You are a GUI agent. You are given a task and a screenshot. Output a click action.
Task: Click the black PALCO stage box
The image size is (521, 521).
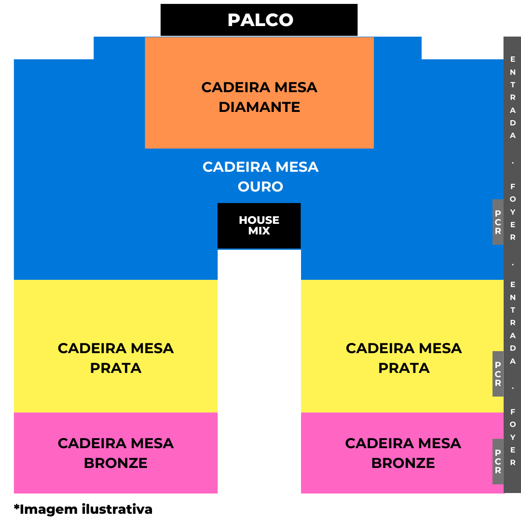pyautogui.click(x=259, y=20)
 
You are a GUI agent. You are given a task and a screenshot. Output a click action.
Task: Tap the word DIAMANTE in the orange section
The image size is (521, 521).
pyautogui.click(x=260, y=107)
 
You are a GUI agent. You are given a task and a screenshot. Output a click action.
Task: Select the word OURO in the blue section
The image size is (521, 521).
pyautogui.click(x=260, y=187)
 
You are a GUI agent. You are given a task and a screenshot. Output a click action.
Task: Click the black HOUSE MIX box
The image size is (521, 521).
pyautogui.click(x=259, y=226)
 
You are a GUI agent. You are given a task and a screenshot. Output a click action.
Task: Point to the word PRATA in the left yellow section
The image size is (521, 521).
pyautogui.click(x=116, y=368)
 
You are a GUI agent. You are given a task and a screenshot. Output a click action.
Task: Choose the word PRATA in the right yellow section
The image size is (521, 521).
pyautogui.click(x=404, y=368)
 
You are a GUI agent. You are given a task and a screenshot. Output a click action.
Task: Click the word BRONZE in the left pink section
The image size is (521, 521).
pyautogui.click(x=116, y=463)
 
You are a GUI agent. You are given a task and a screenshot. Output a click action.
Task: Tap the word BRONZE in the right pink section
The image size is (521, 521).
pyautogui.click(x=403, y=463)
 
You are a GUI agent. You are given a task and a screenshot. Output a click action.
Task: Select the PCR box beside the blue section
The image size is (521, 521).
pyautogui.click(x=498, y=222)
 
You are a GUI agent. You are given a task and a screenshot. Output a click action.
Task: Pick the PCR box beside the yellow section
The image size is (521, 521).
pyautogui.click(x=498, y=374)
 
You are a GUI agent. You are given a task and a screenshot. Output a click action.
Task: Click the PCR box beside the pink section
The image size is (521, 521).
pyautogui.click(x=498, y=462)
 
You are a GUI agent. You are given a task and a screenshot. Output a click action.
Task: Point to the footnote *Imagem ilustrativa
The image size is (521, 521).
pyautogui.click(x=83, y=509)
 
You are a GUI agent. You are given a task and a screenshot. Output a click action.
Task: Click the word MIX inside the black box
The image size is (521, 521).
pyautogui.click(x=259, y=231)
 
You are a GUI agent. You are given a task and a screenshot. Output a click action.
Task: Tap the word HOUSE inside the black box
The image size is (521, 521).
pyautogui.click(x=259, y=220)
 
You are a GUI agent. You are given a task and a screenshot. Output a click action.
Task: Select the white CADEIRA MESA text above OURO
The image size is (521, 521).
pyautogui.click(x=260, y=167)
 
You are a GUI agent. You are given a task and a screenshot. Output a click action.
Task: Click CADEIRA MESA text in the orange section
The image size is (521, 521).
pyautogui.click(x=260, y=87)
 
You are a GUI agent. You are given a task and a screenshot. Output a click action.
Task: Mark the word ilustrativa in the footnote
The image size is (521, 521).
pyautogui.click(x=117, y=509)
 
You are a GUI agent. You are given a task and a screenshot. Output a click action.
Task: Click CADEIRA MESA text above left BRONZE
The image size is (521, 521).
pyautogui.click(x=116, y=443)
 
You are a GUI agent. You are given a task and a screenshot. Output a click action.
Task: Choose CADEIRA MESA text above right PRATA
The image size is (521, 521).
pyautogui.click(x=404, y=348)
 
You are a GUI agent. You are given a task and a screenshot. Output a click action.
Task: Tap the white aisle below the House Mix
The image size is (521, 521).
pyautogui.click(x=259, y=371)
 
